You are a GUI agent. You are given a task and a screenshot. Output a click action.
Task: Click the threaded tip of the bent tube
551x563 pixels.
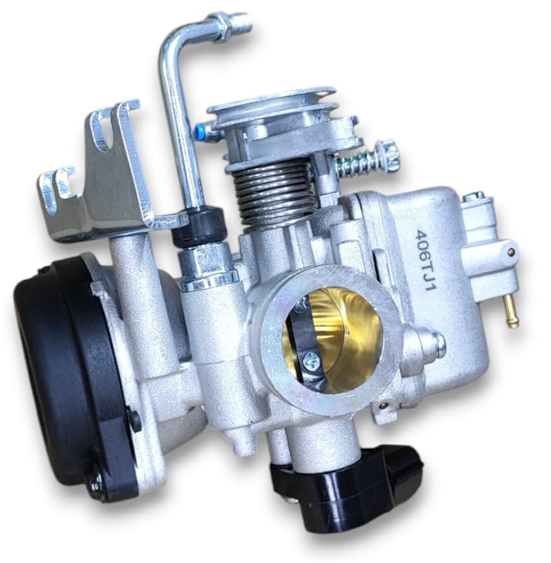coord(241,21)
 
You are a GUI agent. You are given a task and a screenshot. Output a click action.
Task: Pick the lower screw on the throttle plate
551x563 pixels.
coord(309,359)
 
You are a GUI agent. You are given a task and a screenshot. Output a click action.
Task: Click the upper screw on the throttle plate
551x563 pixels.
coord(302,304)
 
